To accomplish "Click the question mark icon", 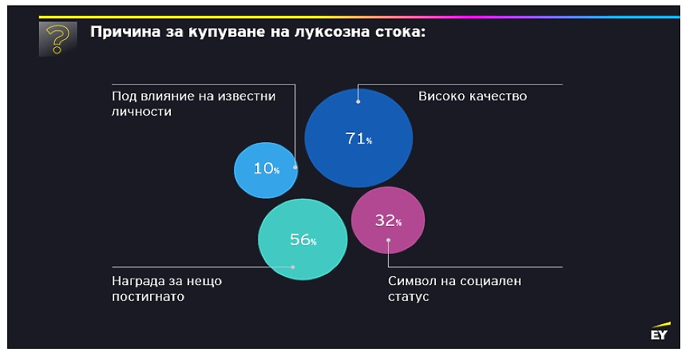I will pyautogui.click(x=57, y=38).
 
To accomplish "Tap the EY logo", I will pyautogui.click(x=658, y=333).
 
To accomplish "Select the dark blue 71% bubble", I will pyautogui.click(x=358, y=138).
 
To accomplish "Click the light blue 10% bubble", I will pyautogui.click(x=266, y=169).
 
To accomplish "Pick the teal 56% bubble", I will pyautogui.click(x=303, y=239).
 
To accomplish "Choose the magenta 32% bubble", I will pyautogui.click(x=387, y=220).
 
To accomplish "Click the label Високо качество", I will pyautogui.click(x=473, y=97).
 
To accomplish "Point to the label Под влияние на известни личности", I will pyautogui.click(x=193, y=104).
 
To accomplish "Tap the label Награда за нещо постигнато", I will pyautogui.click(x=166, y=288).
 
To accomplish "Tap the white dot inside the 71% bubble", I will pyautogui.click(x=358, y=101).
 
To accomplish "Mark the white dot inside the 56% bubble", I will pyautogui.click(x=294, y=267).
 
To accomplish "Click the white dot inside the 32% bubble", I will pyautogui.click(x=388, y=239).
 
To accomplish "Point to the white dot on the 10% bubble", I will pyautogui.click(x=295, y=167).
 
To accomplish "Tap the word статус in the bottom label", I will pyautogui.click(x=409, y=296).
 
